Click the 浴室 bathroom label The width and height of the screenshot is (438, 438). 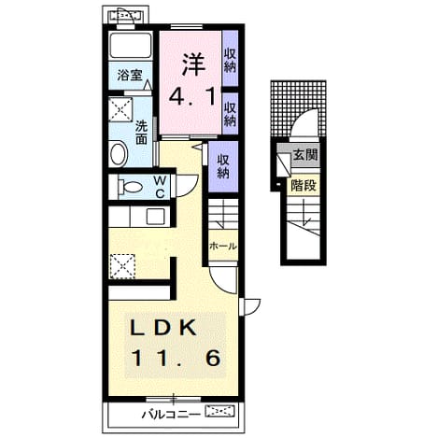[x=130, y=76]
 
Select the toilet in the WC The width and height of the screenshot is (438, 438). [x=131, y=187]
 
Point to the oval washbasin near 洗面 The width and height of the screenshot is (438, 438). [x=119, y=153]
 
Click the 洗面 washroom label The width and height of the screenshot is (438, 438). [x=142, y=132]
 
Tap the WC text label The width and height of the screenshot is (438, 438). [x=160, y=187]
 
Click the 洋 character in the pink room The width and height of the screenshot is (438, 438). [x=193, y=64]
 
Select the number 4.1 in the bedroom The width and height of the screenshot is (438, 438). [x=192, y=96]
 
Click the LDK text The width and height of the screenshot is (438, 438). [x=162, y=328]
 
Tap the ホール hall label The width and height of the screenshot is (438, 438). [x=223, y=247]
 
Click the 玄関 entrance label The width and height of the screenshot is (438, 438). [x=305, y=155]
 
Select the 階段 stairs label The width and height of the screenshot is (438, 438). [x=304, y=186]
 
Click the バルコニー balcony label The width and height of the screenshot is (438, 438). [x=171, y=415]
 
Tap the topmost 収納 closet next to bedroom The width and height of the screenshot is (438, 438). [x=230, y=61]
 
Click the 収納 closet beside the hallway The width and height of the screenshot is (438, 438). [x=223, y=166]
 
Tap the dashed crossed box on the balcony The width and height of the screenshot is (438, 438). [x=219, y=411]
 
